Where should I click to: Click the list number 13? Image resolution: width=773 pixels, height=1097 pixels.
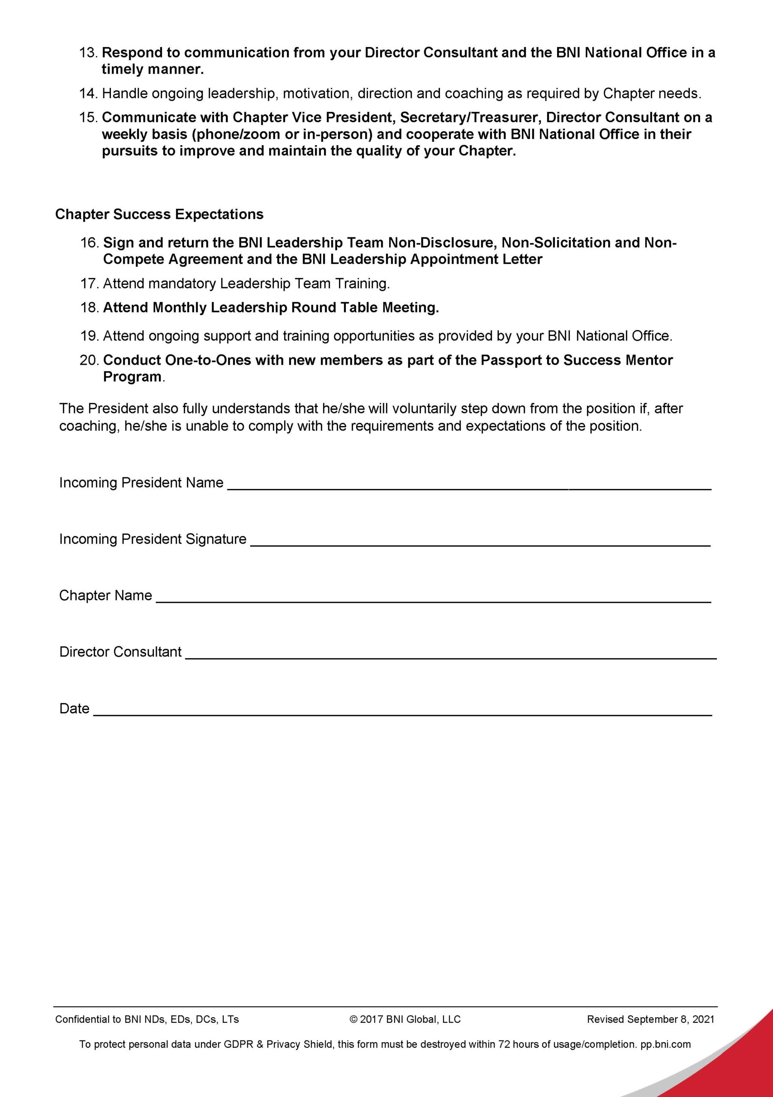pos(89,53)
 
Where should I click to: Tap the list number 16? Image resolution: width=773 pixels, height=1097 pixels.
pos(90,243)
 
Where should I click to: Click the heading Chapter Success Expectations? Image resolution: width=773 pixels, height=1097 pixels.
pos(159,214)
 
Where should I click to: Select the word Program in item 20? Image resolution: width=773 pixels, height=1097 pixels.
pos(132,377)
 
